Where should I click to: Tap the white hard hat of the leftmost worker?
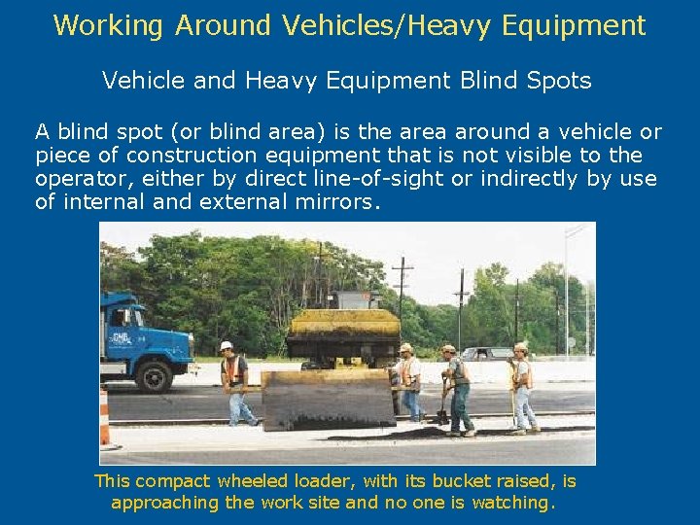tap(227, 345)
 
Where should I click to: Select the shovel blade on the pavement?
tap(442, 417)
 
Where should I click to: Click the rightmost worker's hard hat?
tap(521, 346)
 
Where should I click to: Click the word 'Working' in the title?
tap(109, 25)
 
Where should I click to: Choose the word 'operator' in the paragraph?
tap(77, 179)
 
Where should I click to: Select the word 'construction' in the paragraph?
tap(188, 156)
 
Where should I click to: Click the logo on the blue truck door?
tap(122, 341)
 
